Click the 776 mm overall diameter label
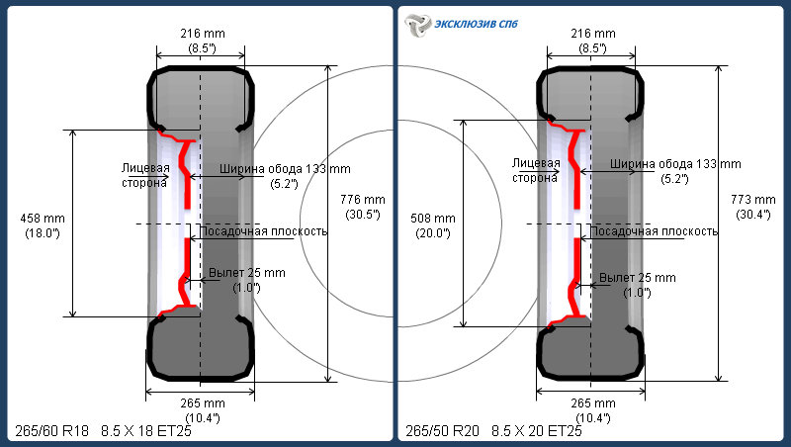pos(363,200)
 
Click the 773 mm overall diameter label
pos(753,200)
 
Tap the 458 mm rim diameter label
pos(43,219)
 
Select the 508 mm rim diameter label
pos(433,219)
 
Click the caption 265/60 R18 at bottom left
pos(52,431)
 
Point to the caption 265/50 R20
pos(442,431)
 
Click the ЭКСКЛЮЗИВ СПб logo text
pos(476,24)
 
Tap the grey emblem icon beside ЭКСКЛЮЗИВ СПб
pos(418,25)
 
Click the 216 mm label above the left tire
pos(203,34)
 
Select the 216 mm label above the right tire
pos(593,34)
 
